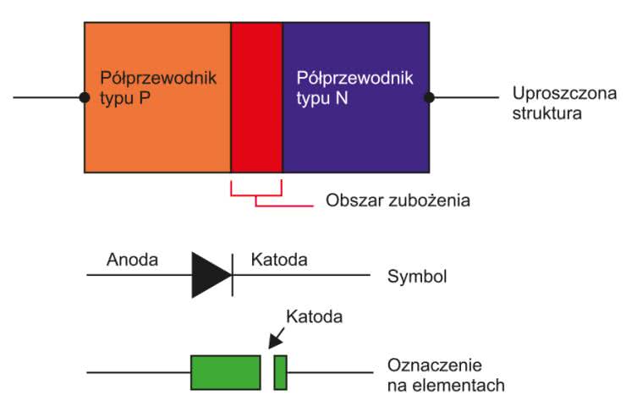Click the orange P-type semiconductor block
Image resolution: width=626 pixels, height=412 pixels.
pos(157,135)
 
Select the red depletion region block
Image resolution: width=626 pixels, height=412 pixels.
pos(256,97)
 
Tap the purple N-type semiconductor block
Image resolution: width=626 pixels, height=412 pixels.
pos(355,135)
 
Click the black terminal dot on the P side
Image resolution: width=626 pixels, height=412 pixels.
pos(85,97)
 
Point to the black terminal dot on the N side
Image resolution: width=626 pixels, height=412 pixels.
pos(430,97)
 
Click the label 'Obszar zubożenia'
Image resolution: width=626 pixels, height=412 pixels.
pos(398,201)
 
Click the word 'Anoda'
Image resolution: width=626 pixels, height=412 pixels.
pos(132,259)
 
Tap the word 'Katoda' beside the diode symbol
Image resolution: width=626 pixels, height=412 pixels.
pos(279,259)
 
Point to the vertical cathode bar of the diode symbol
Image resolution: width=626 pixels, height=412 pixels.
pos(233,275)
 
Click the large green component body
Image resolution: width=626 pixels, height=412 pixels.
pos(225,373)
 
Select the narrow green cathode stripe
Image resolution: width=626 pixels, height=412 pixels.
pos(281,373)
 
